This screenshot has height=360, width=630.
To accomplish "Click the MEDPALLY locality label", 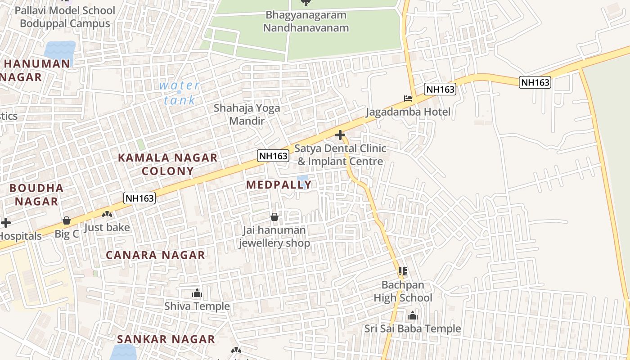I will pyautogui.click(x=279, y=184).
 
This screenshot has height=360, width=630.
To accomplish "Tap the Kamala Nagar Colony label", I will pyautogui.click(x=168, y=164).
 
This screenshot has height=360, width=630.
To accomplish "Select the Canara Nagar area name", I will pyautogui.click(x=155, y=255).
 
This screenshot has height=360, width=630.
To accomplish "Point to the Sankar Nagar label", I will pyautogui.click(x=166, y=339).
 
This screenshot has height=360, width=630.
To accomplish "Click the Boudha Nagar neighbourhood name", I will pyautogui.click(x=36, y=194).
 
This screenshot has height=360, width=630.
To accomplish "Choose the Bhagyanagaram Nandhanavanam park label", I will pyautogui.click(x=306, y=21).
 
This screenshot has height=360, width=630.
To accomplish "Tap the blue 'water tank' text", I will pyautogui.click(x=180, y=92).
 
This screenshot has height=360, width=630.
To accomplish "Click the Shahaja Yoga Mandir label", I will pyautogui.click(x=247, y=114).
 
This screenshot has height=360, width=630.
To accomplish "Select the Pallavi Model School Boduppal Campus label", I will pyautogui.click(x=65, y=17).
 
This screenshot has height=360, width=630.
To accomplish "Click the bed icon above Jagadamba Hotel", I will pyautogui.click(x=408, y=99).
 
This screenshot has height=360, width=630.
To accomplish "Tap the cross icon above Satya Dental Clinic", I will pyautogui.click(x=340, y=135).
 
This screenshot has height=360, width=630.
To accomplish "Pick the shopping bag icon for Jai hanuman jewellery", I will pyautogui.click(x=274, y=217).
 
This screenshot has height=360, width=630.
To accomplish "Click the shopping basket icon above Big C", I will pyautogui.click(x=67, y=220).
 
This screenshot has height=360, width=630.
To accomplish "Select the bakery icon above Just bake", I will pyautogui.click(x=107, y=214).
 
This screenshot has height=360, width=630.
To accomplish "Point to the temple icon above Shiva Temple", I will pyautogui.click(x=197, y=293).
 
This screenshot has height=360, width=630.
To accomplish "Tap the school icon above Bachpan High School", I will pyautogui.click(x=403, y=271).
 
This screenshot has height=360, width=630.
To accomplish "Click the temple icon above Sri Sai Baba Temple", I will pyautogui.click(x=413, y=315).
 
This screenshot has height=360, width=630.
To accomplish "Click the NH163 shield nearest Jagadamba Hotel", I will pyautogui.click(x=441, y=89).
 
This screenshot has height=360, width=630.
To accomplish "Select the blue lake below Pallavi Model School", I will pyautogui.click(x=60, y=51).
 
